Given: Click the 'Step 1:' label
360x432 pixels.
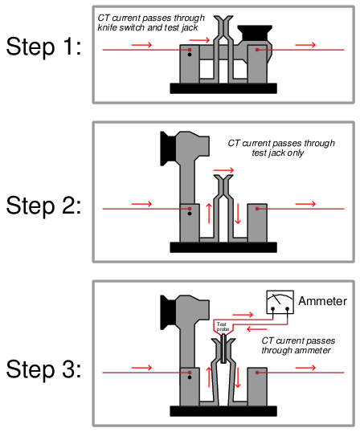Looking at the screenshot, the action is pos(44,47).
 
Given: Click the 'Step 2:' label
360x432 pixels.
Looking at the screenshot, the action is pos(44,206).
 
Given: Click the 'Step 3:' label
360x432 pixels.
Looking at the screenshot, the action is pos(44,369).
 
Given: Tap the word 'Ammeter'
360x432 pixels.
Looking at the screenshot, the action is pos(322,301).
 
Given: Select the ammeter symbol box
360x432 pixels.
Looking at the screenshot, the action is pos(280,302).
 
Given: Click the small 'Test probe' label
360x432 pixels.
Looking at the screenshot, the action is pos(223,327).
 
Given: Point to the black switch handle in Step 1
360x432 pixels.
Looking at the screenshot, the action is pos(255,32).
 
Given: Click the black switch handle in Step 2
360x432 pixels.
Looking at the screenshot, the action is pos(168,149).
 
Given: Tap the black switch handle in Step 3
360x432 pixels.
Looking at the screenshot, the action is pos(168,312).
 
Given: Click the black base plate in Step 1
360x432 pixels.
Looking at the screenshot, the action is pos(223,88).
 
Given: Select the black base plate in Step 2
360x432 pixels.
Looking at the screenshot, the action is pos(223,247).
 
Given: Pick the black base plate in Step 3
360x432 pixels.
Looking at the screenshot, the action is pos(223,411).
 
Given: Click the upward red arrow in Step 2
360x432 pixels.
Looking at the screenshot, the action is pos(209,214).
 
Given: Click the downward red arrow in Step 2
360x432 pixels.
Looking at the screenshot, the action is pos(238,214).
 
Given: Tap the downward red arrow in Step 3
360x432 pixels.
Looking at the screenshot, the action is pos(238,377).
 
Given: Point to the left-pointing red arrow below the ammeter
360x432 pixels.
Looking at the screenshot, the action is pos(257,329).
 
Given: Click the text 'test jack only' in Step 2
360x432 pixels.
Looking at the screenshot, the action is pos(278,153).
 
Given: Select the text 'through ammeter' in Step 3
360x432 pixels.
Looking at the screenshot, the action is pos(296,350).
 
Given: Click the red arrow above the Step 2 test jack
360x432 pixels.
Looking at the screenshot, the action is pos(223,170).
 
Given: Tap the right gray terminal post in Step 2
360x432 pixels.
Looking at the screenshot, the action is pos(257,223).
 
